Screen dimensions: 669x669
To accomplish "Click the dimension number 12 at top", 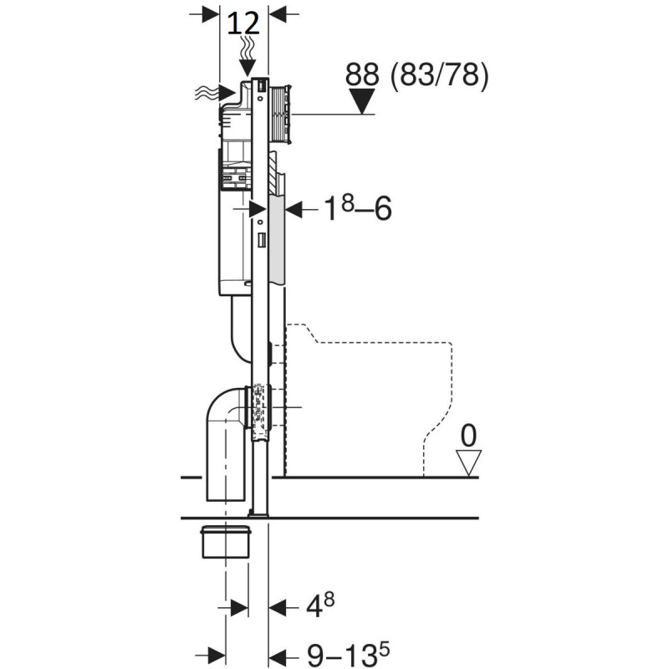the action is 243,23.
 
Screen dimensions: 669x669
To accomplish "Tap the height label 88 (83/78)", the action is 416,75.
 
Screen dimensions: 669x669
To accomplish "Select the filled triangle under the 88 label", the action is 362,101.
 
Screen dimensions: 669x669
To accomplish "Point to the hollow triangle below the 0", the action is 468,462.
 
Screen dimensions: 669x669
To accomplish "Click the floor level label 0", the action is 468,436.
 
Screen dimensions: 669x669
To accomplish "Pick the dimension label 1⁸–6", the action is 358,208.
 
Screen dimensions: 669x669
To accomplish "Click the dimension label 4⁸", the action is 320,605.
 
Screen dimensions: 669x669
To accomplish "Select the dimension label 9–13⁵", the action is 348,655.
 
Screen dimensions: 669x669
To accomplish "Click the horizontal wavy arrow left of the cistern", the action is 215,92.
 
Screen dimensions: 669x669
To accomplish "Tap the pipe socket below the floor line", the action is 225,542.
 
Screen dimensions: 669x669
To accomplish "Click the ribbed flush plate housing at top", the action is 280,113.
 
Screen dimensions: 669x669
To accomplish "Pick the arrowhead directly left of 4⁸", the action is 278,607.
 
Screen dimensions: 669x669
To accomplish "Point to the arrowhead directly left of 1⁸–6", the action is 294,209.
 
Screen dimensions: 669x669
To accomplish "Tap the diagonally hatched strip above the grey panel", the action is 273,173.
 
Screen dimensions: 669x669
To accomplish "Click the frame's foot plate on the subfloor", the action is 258,515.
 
